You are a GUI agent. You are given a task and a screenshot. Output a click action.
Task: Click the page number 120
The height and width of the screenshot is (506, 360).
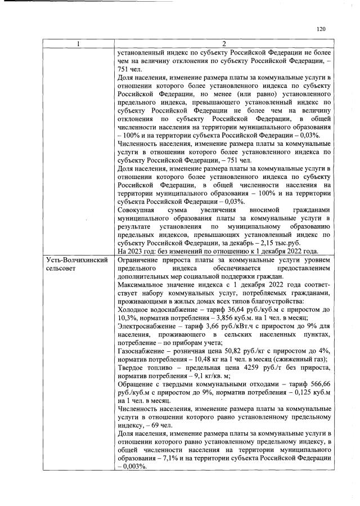321,29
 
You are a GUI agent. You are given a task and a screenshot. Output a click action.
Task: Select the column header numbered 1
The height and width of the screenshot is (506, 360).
78,44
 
